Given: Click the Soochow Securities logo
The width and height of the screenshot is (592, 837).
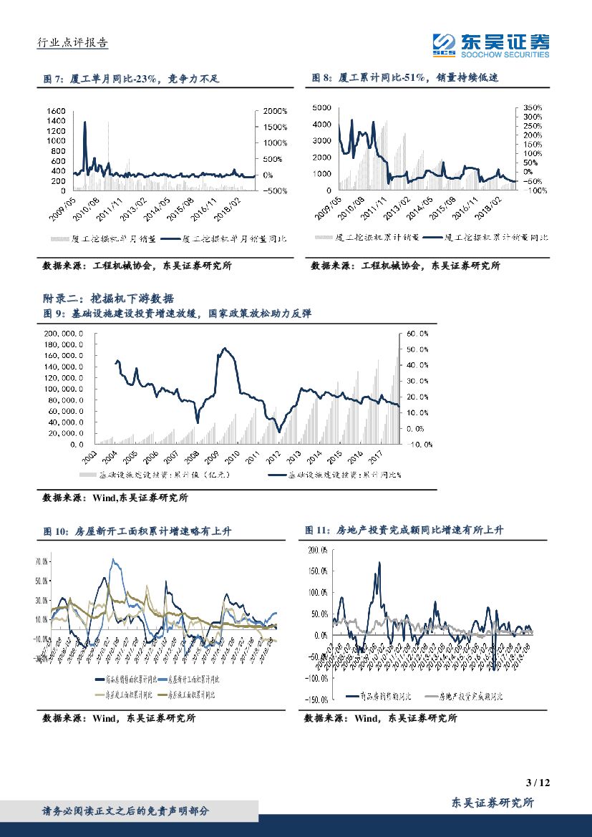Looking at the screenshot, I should click(490, 45).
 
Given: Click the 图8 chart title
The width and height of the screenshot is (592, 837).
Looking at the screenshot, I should click(406, 79).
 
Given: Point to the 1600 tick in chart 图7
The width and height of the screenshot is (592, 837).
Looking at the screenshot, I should click(55, 111).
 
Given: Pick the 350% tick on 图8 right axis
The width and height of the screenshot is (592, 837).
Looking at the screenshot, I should click(533, 107).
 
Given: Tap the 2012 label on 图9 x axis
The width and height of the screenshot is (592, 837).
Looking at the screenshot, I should click(273, 455).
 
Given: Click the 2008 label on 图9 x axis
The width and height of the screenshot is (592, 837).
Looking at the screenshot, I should click(193, 455).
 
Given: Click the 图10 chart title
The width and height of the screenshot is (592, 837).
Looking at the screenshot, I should click(137, 531).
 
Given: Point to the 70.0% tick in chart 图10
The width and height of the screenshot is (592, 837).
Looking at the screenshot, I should click(40, 562).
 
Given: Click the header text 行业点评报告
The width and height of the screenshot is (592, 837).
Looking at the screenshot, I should click(72, 42).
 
